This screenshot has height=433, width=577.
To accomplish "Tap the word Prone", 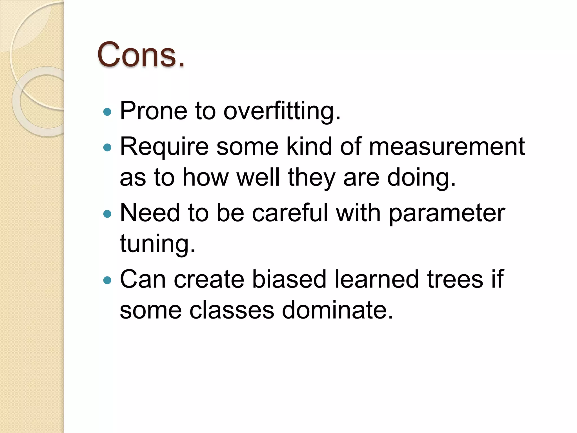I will [x=154, y=111].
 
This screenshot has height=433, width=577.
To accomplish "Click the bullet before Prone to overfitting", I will [x=107, y=112].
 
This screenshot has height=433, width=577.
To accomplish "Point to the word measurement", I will [x=447, y=146].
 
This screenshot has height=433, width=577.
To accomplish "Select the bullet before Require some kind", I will [x=107, y=147].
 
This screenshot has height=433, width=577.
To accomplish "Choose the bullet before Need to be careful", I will [x=107, y=214].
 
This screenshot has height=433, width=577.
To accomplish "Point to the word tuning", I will [x=157, y=244].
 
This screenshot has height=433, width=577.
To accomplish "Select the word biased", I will [x=289, y=279].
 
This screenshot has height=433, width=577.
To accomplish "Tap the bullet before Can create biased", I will [x=107, y=280].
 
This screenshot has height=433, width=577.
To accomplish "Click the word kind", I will [x=309, y=146].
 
